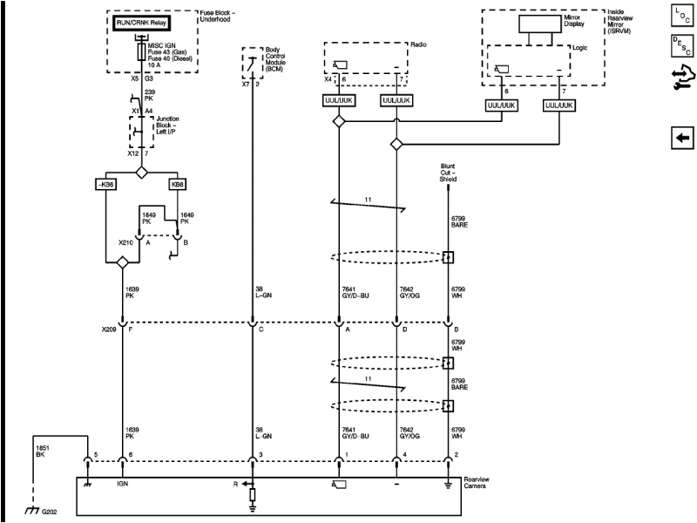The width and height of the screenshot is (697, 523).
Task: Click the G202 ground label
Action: click(50, 512)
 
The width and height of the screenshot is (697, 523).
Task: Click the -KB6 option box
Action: click(105, 185)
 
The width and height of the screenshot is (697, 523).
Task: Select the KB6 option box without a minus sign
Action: click(178, 185)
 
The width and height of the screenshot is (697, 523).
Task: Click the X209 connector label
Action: click(107, 330)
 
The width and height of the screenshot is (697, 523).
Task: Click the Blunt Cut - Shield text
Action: click(448, 173)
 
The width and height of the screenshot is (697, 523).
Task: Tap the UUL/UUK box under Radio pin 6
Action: click(339, 101)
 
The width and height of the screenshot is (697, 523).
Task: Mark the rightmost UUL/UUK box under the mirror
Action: click(558, 105)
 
